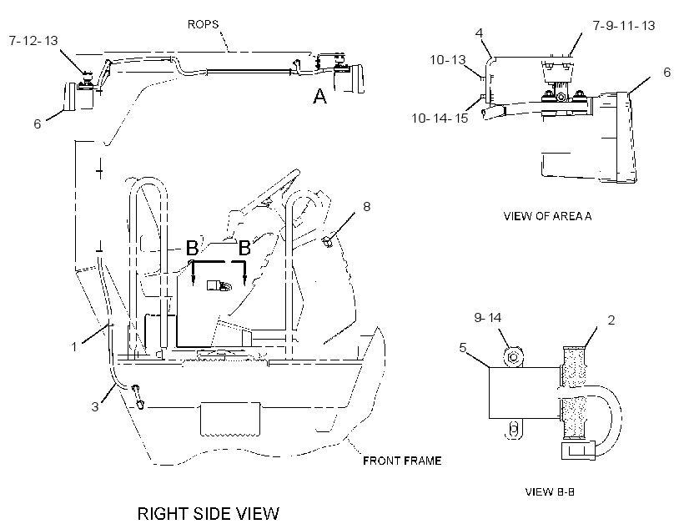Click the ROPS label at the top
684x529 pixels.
coord(203,24)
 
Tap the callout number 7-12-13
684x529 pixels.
coord(33,41)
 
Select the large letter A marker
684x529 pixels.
coord(319,96)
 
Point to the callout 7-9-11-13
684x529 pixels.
coord(624,26)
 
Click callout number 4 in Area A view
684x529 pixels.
coord(479,33)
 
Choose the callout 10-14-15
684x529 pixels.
coord(440,118)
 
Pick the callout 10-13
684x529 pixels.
coord(448,60)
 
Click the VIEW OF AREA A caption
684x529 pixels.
coord(547,216)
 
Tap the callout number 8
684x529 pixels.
coord(366,206)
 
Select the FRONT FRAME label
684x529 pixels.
coord(402,461)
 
